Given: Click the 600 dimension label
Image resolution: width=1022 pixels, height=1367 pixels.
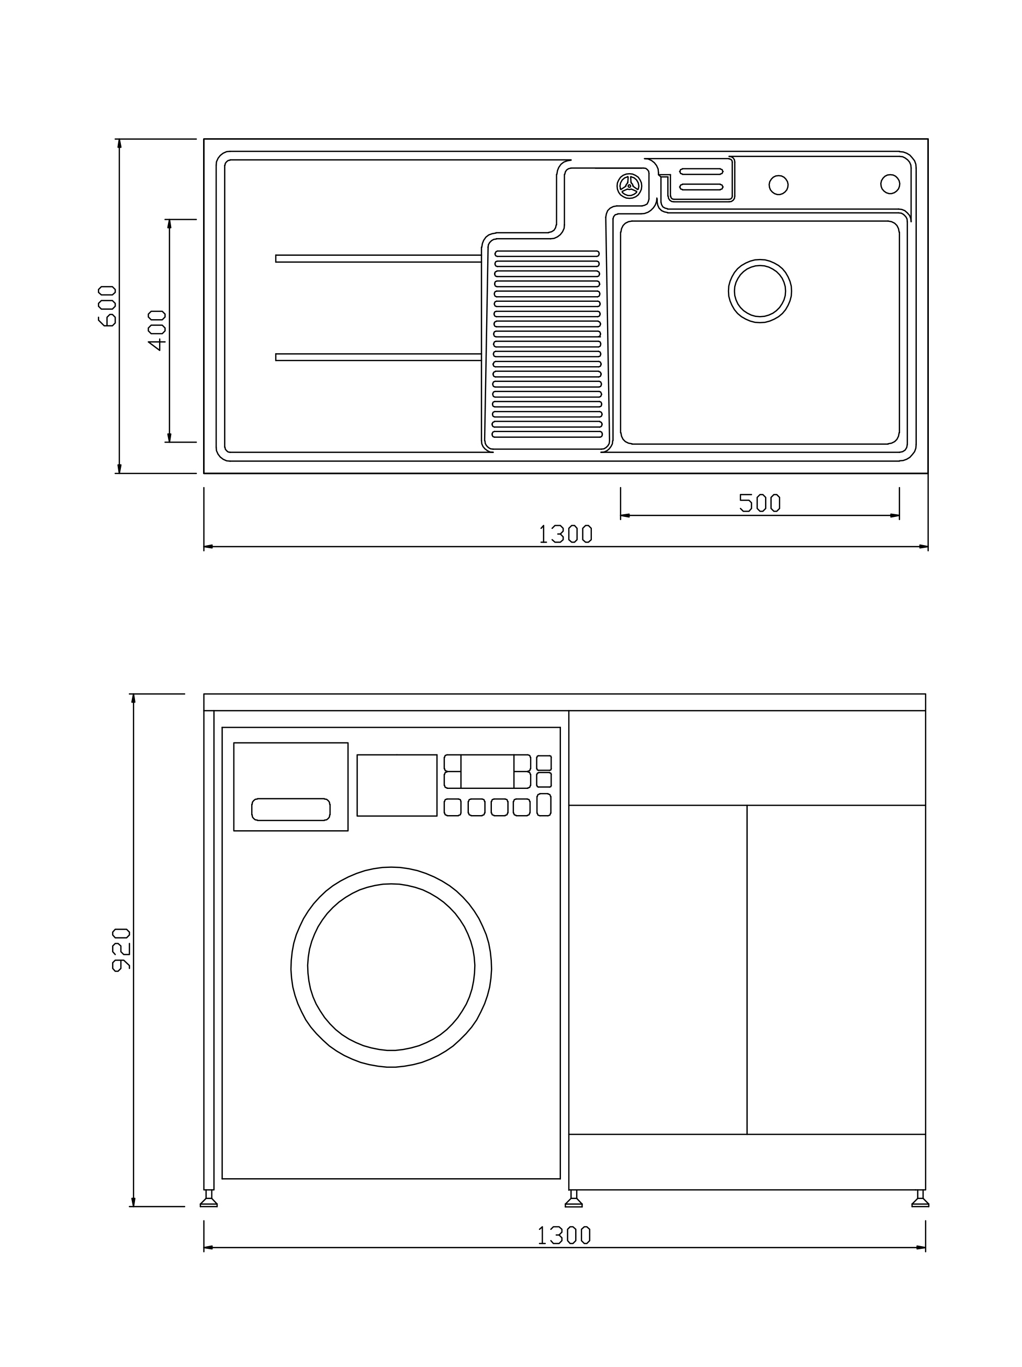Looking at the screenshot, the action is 107,306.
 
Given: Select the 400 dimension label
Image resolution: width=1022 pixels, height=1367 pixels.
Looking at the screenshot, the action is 158,330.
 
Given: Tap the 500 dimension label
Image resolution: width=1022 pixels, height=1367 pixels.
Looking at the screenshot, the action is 760,503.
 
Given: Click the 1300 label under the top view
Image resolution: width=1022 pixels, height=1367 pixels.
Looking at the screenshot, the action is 565,534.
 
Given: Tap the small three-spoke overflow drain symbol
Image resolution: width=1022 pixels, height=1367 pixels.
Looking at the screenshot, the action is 630,185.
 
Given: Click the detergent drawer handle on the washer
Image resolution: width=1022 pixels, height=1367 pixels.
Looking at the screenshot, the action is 290,809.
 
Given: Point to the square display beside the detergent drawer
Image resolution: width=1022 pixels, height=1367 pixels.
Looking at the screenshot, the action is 397,785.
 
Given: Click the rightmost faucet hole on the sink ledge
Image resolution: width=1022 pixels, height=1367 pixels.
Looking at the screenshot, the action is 890,184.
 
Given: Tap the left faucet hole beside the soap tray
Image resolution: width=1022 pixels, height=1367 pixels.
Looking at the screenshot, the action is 778,185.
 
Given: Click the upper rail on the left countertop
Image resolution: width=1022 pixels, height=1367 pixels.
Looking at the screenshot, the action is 378,258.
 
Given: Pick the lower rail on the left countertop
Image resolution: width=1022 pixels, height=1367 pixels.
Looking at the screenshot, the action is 378,357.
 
